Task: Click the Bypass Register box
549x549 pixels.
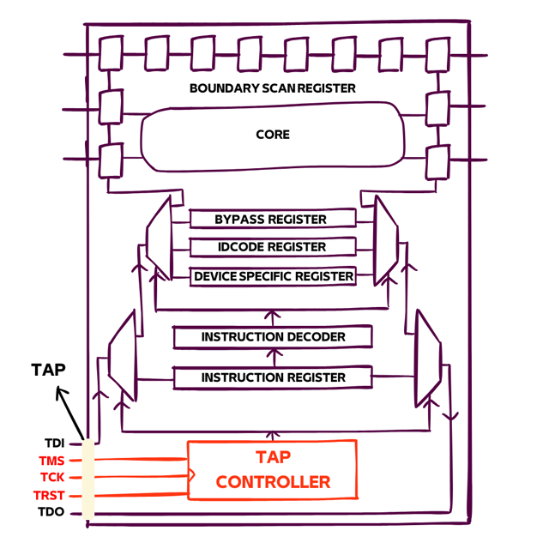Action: coord(271,220)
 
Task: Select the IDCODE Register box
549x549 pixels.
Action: coord(271,247)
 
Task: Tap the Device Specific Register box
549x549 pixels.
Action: coord(273,276)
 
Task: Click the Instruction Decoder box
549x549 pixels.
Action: coord(273,337)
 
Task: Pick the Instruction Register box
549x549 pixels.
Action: coord(273,377)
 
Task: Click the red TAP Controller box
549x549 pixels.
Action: coord(273,469)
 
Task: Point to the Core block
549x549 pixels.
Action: coord(273,136)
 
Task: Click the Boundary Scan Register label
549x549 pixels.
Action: coord(273,88)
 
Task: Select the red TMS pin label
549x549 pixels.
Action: coord(53,461)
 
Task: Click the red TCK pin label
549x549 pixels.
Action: coord(53,478)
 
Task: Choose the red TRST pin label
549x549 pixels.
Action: coord(51,496)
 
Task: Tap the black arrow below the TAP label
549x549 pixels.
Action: coord(71,415)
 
